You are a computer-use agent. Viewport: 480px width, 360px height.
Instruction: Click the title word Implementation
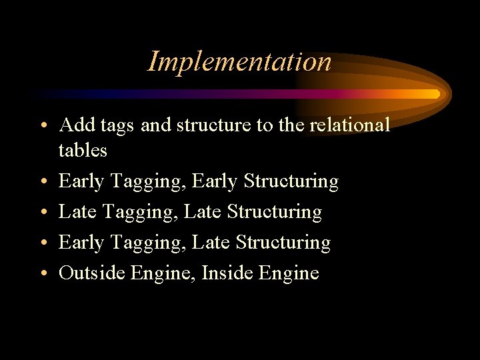239,61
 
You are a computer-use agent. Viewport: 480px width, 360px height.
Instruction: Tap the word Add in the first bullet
76,125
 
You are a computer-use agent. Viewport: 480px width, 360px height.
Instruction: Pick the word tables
83,151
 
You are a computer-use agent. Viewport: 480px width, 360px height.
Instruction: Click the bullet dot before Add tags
42,126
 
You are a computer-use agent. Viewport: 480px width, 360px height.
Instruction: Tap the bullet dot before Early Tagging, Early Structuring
42,182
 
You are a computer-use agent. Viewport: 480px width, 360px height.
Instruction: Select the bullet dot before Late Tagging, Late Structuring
42,213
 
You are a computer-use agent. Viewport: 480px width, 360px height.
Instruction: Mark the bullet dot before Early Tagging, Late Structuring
42,243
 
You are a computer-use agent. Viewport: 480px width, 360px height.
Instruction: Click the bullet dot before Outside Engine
42,273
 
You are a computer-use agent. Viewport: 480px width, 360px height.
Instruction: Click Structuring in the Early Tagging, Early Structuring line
291,182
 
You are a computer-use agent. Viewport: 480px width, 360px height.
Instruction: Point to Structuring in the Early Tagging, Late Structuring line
283,243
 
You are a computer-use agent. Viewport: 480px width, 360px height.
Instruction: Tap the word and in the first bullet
155,125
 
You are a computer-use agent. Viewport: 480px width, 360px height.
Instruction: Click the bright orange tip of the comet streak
434,94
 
